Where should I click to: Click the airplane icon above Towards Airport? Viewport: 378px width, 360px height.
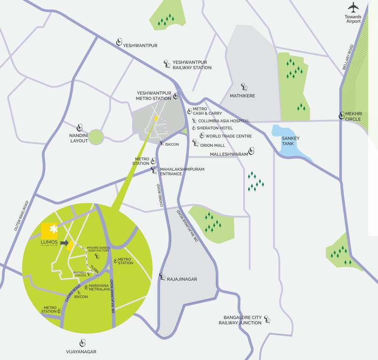pos(353,7)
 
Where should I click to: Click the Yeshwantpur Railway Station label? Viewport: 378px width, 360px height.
pos(192,65)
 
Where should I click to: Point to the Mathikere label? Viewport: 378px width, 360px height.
pos(242,96)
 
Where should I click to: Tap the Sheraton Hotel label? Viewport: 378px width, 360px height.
pos(215,128)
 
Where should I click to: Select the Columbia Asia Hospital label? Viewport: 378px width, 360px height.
pos(223,121)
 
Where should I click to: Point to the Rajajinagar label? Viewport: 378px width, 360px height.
pos(182,279)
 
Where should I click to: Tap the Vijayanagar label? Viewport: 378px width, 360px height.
pos(81,351)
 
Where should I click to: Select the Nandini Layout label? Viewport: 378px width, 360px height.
pos(79,137)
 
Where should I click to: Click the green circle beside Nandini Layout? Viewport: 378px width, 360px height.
pos(96,137)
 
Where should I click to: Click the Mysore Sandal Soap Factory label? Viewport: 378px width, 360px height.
pos(98,249)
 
